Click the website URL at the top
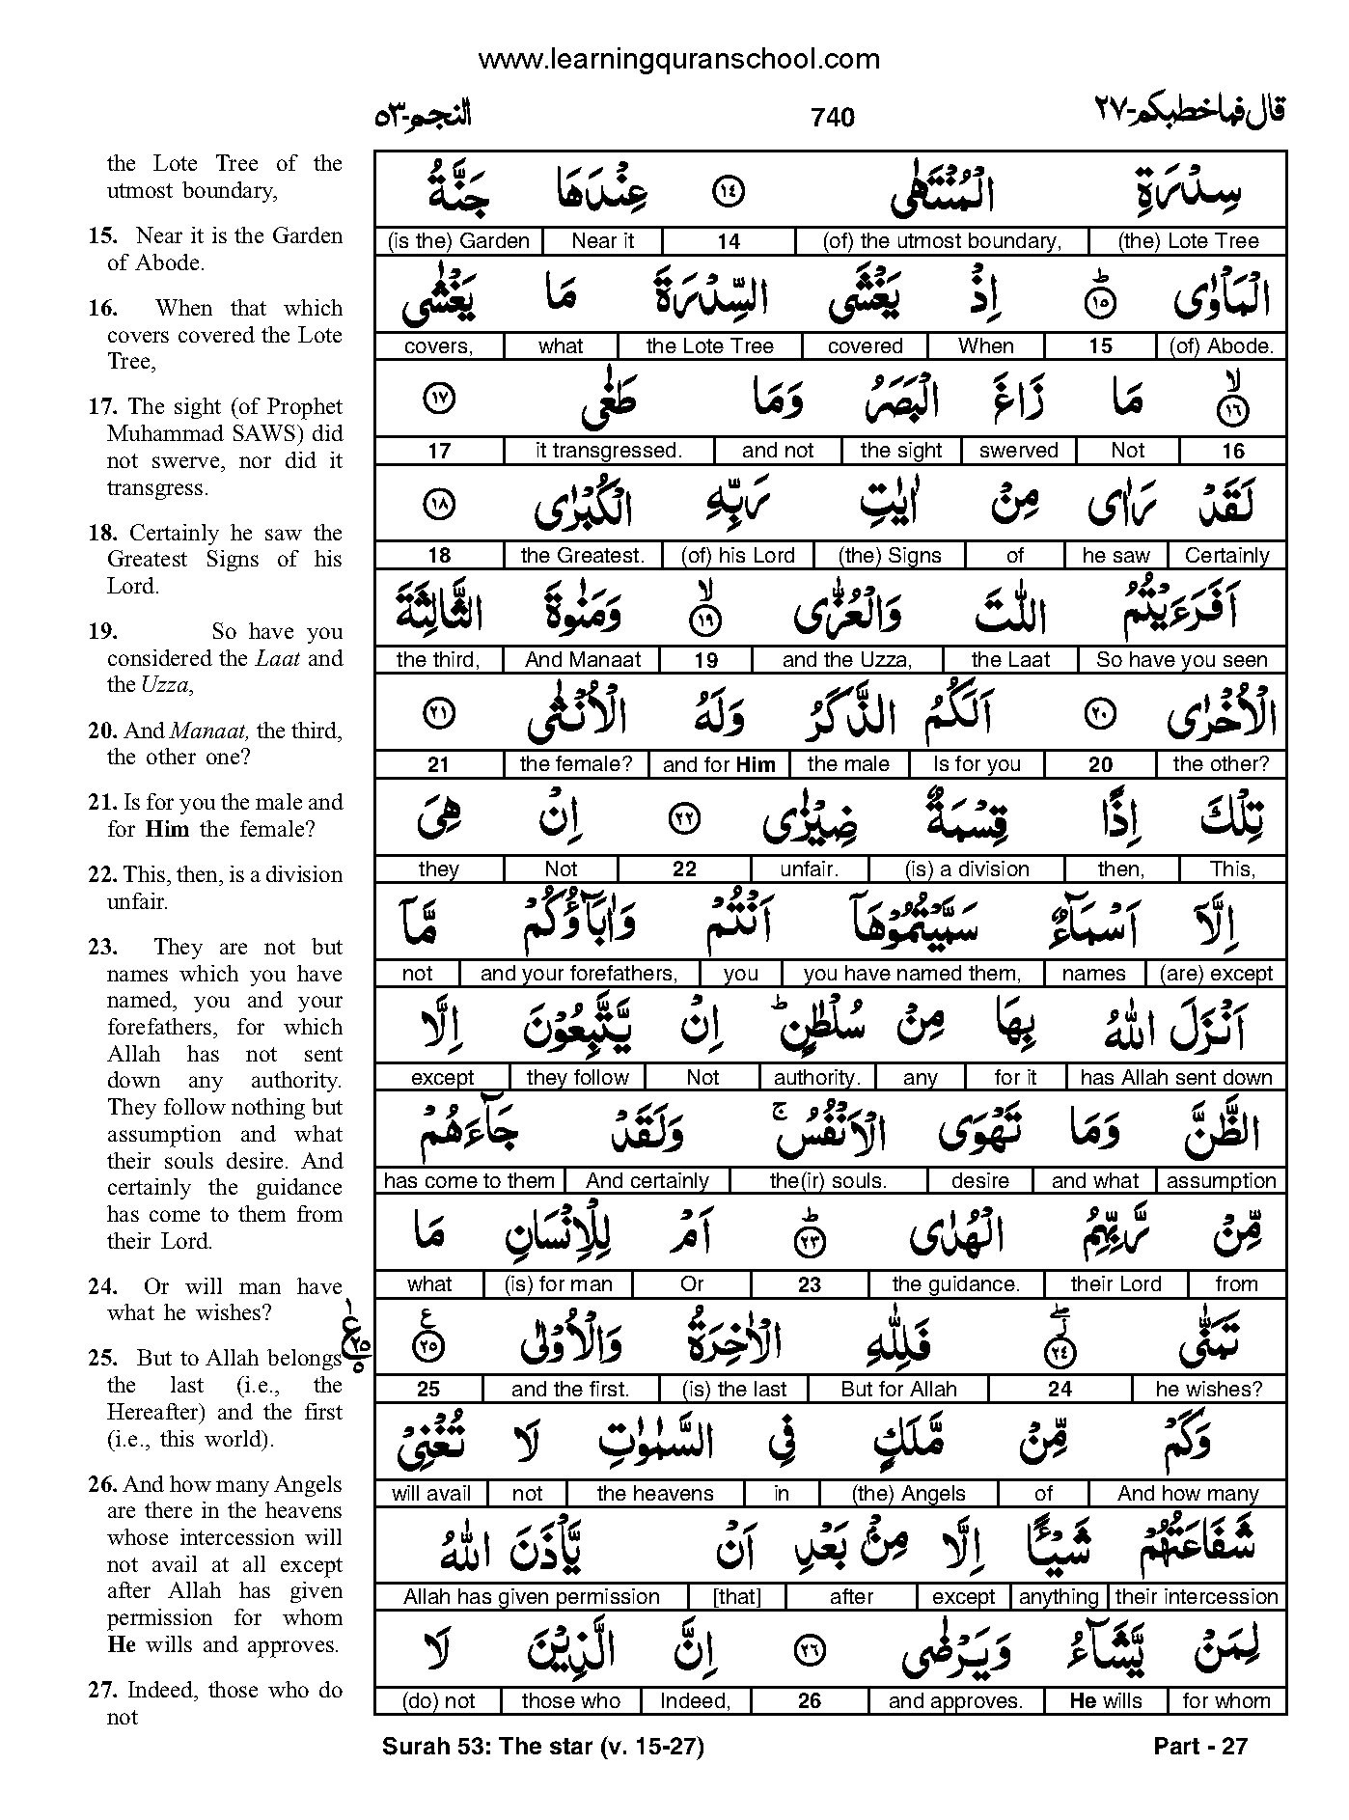[678, 60]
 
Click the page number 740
[833, 118]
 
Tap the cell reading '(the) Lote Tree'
[1187, 241]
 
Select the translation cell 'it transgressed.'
[608, 451]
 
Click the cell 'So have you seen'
[1181, 660]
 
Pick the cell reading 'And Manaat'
[583, 660]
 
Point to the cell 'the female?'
[576, 764]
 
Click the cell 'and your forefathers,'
[579, 974]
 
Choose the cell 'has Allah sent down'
[1175, 1077]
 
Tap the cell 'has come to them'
[469, 1181]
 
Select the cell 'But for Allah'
[898, 1390]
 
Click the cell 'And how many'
[1188, 1494]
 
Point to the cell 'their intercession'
[1197, 1597]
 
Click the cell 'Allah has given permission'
[532, 1597]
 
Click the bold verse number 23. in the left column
[101, 947]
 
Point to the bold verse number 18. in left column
[102, 533]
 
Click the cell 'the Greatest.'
[582, 556]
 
